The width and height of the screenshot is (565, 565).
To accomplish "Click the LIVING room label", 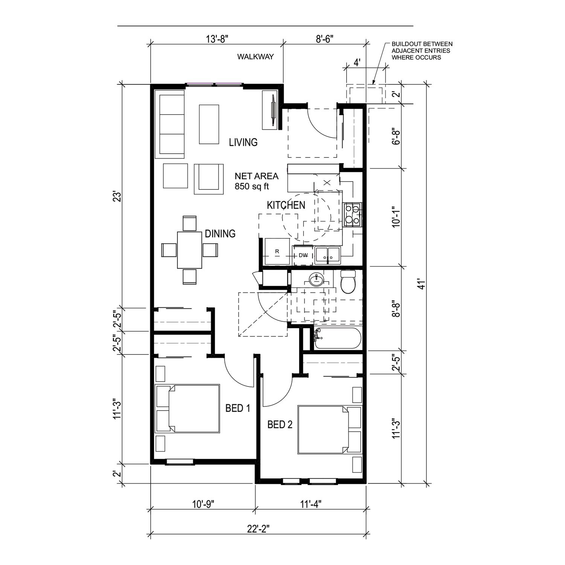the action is pyautogui.click(x=243, y=142).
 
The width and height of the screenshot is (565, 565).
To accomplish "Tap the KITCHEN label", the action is pyautogui.click(x=286, y=205).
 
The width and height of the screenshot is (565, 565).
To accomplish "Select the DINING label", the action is pyautogui.click(x=220, y=234).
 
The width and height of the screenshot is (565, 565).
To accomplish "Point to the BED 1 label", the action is pyautogui.click(x=238, y=408).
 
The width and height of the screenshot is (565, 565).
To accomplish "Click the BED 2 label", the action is pyautogui.click(x=280, y=425).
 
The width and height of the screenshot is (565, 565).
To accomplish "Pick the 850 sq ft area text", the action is pyautogui.click(x=252, y=186).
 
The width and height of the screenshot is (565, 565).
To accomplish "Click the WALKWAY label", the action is pyautogui.click(x=255, y=57).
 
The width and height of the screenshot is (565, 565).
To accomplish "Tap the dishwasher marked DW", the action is pyautogui.click(x=303, y=255).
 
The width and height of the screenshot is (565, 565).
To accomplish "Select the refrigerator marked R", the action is pyautogui.click(x=277, y=251).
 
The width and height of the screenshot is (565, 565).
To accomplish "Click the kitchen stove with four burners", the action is pyautogui.click(x=353, y=215).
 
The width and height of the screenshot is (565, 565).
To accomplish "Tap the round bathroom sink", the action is pyautogui.click(x=316, y=279).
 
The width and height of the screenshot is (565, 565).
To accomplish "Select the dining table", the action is pyautogui.click(x=190, y=250).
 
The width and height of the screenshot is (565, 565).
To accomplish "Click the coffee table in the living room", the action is pyautogui.click(x=209, y=124).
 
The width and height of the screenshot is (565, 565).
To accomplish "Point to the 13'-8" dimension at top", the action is pyautogui.click(x=217, y=39).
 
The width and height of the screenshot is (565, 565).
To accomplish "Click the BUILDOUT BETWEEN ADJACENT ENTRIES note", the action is pyautogui.click(x=422, y=51).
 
